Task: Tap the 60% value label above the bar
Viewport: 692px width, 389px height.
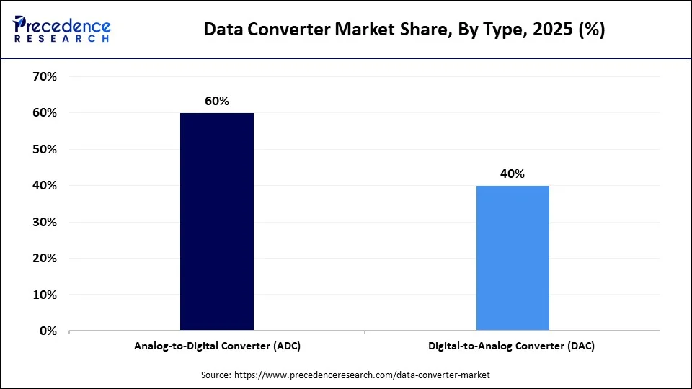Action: click(x=217, y=101)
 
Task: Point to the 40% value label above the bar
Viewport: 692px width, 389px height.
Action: click(x=513, y=174)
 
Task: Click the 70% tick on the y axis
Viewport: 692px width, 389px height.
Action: click(x=45, y=76)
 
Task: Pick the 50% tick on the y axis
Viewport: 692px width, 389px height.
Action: click(x=45, y=149)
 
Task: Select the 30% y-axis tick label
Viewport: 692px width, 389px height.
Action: click(x=45, y=222)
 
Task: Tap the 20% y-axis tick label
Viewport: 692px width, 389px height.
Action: click(x=45, y=258)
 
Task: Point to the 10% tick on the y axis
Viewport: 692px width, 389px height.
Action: click(x=45, y=295)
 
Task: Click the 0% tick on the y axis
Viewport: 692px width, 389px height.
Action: click(x=48, y=331)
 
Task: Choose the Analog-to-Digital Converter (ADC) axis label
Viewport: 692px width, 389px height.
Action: click(x=217, y=346)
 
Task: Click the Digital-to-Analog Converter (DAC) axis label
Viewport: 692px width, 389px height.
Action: click(x=513, y=346)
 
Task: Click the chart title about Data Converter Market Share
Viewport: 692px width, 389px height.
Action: click(x=404, y=30)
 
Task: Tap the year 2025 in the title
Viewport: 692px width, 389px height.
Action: click(x=553, y=30)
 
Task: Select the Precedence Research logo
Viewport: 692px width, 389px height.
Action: click(x=62, y=29)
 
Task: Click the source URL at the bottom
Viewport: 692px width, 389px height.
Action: click(x=362, y=375)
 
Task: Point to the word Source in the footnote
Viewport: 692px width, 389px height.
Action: click(x=216, y=375)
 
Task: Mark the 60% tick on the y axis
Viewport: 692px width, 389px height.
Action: click(x=45, y=113)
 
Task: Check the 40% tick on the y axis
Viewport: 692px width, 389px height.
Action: click(x=45, y=186)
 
